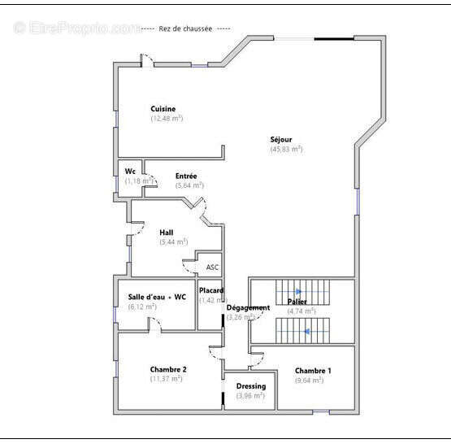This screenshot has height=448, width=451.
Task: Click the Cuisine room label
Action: point(163,109)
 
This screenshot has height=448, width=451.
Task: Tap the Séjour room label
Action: point(281,140)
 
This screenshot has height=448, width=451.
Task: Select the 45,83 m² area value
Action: point(286,150)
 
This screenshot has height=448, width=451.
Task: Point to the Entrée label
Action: point(186,176)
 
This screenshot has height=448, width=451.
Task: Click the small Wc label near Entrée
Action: point(130,172)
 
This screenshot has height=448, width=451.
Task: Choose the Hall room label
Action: point(167,233)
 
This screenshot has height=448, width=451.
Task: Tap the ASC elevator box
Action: point(212,267)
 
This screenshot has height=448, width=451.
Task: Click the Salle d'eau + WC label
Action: point(157,297)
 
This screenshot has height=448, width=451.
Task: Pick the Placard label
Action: point(211,290)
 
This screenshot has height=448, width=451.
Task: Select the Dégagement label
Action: point(248,307)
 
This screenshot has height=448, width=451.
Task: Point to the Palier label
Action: point(297,302)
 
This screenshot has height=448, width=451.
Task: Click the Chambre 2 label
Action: point(168,369)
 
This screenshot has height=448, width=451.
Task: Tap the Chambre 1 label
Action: point(313,370)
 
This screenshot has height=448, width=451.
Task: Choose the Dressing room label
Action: point(250,386)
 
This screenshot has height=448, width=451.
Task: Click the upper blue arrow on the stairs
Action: point(298,291)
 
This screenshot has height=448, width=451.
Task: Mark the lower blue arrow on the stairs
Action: point(306,331)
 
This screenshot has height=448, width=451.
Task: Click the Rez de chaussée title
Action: point(185,28)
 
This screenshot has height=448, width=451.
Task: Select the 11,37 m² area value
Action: point(166,379)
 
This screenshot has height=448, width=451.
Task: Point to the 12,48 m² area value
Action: point(167,119)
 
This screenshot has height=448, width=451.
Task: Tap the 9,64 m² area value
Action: point(309,380)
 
